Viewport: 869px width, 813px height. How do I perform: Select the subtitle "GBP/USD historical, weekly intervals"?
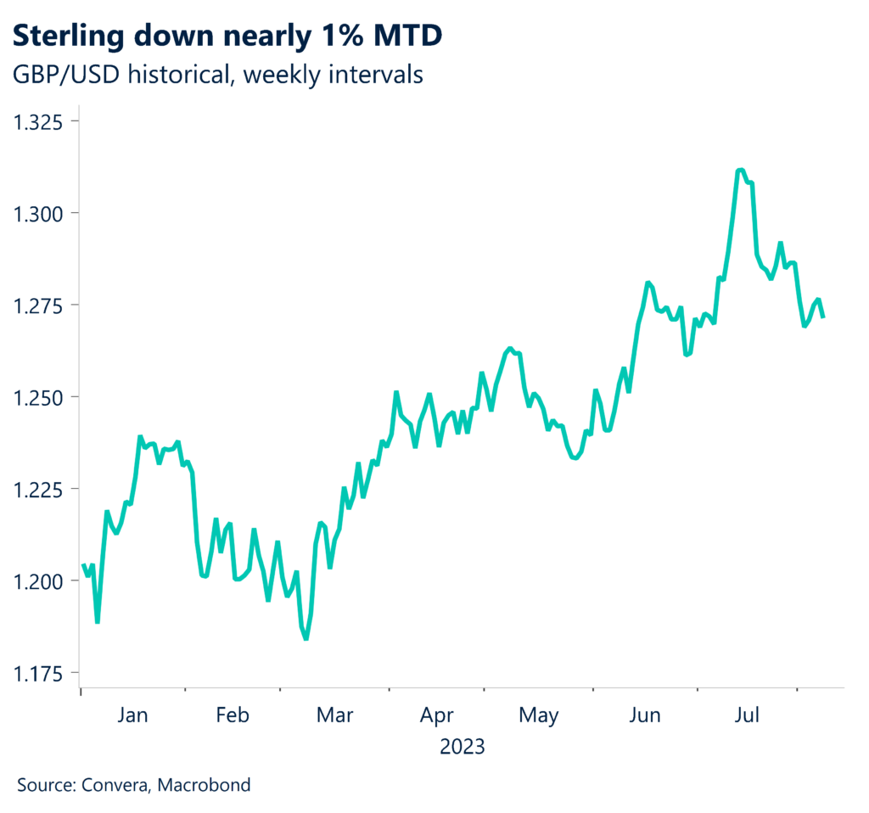pyautogui.click(x=217, y=75)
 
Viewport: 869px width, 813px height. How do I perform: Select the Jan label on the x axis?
pyautogui.click(x=132, y=715)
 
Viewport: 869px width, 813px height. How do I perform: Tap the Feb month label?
pyautogui.click(x=232, y=715)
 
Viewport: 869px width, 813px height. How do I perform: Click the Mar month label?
pyautogui.click(x=334, y=715)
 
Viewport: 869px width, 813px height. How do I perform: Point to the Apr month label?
pyautogui.click(x=437, y=715)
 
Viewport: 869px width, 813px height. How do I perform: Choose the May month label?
pyautogui.click(x=538, y=715)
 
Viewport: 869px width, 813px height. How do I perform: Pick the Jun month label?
pyautogui.click(x=645, y=715)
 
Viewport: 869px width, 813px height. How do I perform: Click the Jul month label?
pyautogui.click(x=747, y=715)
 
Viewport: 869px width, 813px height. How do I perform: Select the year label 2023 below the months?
pyautogui.click(x=463, y=747)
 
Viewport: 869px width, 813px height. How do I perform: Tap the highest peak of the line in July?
pyautogui.click(x=740, y=170)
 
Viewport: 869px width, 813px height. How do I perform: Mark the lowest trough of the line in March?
pyautogui.click(x=306, y=639)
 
